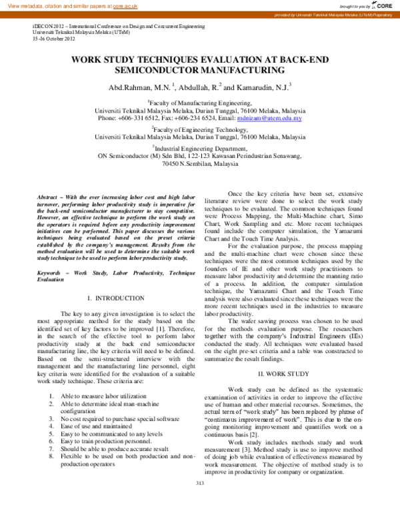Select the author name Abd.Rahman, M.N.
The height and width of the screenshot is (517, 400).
point(140,87)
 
